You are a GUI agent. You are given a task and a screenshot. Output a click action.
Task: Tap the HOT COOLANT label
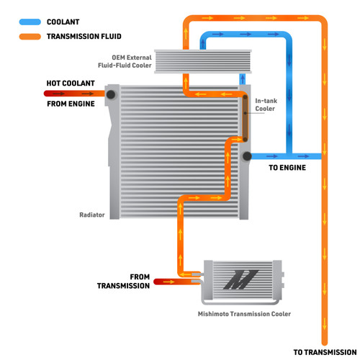click(x=71, y=84)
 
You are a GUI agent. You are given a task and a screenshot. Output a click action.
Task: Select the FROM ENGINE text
click(x=71, y=103)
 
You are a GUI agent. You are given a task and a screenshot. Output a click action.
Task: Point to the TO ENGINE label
click(x=287, y=168)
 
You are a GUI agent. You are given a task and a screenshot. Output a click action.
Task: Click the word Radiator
click(x=93, y=215)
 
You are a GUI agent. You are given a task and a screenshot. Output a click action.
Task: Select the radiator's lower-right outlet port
click(x=247, y=156)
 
